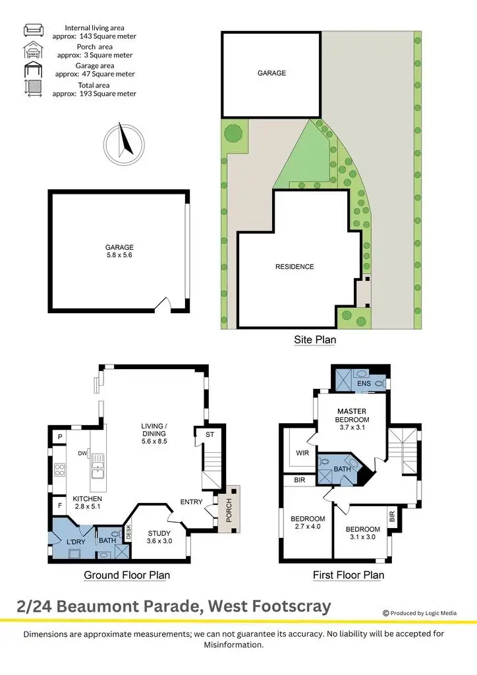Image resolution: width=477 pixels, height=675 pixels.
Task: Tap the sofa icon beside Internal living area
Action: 33,30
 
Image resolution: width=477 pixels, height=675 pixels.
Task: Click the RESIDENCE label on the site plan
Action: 295,267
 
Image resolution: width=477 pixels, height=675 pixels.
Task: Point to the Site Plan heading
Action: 314,340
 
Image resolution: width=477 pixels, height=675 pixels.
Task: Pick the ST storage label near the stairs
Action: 210,434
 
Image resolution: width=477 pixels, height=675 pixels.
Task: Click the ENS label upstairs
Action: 364,384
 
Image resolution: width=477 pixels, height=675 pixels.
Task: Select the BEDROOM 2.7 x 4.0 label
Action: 308,523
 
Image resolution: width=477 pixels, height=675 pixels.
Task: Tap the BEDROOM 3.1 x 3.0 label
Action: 362,533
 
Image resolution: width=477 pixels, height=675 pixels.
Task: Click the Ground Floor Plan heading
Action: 126,575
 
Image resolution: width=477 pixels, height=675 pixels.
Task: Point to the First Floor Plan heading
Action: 348,575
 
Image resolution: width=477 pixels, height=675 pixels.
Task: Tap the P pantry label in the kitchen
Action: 59,437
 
